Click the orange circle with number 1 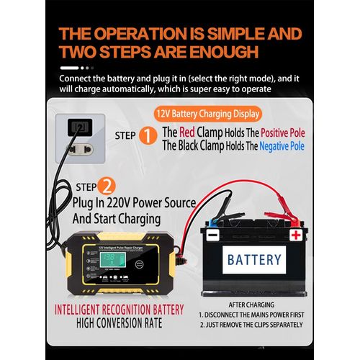point(148,136)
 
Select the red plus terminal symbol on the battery point(295,235)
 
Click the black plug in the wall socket point(78,130)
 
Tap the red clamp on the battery point(279,215)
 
